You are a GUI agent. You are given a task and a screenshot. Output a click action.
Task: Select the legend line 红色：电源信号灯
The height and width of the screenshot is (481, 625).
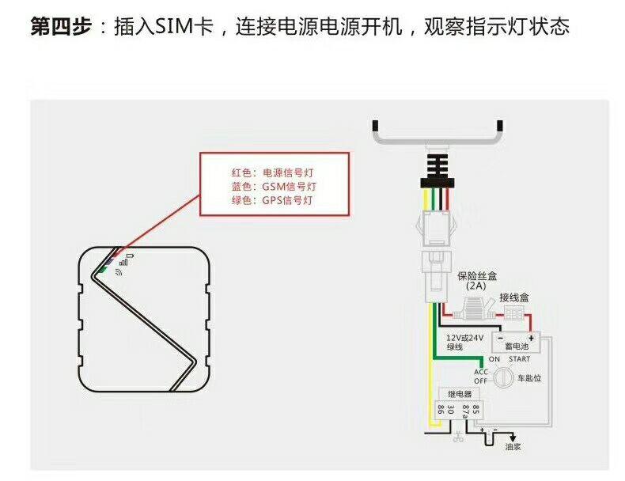[278, 172]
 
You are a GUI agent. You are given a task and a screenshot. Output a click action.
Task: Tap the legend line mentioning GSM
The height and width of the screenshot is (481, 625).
[278, 187]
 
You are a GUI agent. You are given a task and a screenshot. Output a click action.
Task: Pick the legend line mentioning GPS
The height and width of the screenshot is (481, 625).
[278, 201]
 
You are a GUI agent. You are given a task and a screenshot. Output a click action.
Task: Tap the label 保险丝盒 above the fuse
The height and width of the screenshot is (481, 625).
[477, 276]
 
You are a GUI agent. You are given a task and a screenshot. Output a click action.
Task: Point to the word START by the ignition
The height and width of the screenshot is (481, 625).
[519, 359]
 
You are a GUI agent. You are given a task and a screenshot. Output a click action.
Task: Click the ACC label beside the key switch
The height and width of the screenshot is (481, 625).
[481, 371]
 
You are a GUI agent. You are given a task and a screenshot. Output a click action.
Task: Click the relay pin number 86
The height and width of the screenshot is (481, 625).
[440, 410]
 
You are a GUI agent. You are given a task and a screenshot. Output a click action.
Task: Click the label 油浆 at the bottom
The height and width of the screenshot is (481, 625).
[513, 447]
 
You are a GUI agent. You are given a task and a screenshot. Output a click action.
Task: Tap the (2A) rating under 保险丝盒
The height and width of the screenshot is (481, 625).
[476, 286]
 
